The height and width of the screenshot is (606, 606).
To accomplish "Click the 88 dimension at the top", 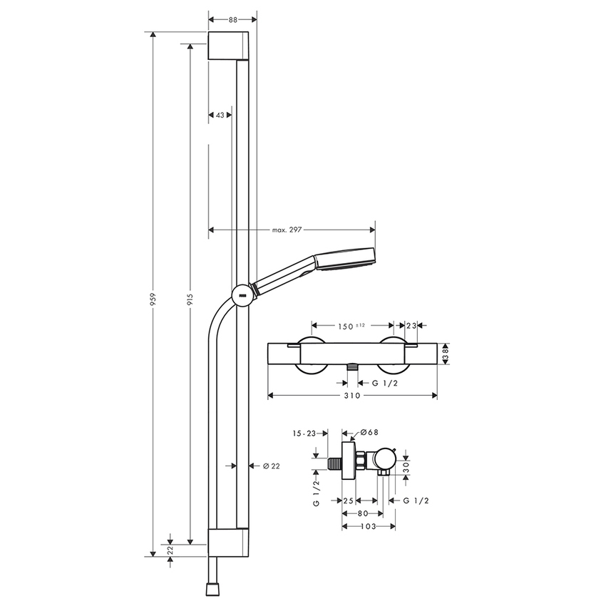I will point(232,20).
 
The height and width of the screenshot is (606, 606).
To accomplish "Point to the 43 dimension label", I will point(220,115).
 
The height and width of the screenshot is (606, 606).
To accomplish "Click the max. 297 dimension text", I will point(288,230).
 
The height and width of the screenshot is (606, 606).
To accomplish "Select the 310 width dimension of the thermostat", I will point(349,394).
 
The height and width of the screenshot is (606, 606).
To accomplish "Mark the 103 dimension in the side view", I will point(368,526).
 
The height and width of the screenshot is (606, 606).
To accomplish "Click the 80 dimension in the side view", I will point(363,513).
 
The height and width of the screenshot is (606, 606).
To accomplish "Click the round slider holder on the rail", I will point(242,294).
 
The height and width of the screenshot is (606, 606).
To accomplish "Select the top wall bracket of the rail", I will point(229,46).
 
